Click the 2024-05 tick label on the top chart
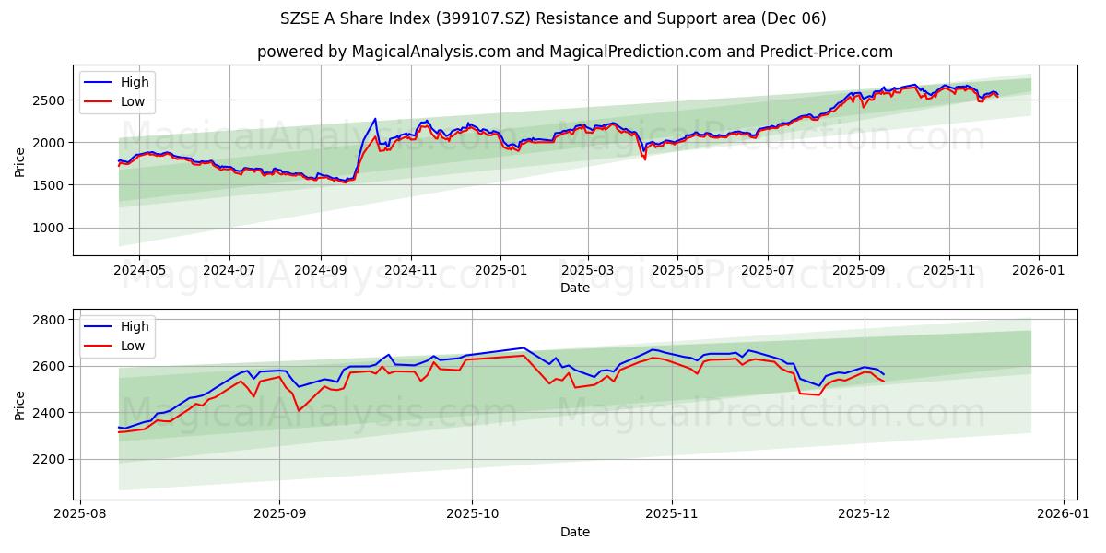click(139, 270)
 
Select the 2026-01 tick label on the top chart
click(1039, 270)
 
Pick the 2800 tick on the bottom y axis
click(48, 320)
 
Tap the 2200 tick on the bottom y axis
click(48, 459)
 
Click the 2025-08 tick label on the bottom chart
click(80, 514)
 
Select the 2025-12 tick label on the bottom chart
click(864, 514)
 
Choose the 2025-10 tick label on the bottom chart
click(472, 514)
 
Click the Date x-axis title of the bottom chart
click(575, 532)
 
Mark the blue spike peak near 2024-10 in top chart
click(375, 119)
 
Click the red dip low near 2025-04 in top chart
click(644, 159)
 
